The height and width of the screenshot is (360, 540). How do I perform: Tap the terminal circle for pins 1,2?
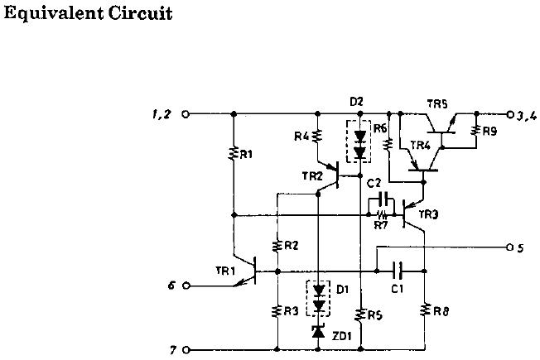186,114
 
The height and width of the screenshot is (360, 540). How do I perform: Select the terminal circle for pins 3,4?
510,114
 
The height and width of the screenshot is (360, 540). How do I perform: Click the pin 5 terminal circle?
510,247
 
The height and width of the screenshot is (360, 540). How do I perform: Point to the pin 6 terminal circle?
186,286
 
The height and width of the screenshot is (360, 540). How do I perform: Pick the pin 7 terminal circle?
186,350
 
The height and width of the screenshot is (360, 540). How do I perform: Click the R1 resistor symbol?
234,153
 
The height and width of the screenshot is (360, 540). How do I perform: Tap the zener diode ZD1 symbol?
318,331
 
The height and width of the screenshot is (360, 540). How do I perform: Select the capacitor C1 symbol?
398,271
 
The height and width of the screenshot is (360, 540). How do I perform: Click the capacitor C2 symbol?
383,199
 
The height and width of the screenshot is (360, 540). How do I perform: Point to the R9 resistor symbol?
476,131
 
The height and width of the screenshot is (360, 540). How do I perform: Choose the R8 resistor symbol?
425,310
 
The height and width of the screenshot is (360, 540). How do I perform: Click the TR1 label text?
225,271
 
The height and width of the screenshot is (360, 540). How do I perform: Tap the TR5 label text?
437,104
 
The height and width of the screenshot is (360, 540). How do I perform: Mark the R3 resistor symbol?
277,311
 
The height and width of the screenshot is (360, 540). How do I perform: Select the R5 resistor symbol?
360,314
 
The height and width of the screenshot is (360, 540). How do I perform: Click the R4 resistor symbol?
317,136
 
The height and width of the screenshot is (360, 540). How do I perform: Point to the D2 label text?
356,102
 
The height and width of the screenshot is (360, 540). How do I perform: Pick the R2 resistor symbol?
277,246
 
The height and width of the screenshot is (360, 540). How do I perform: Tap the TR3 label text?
428,214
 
